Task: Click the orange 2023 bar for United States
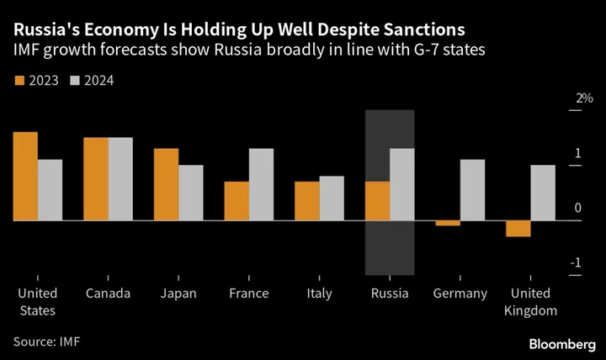click(x=25, y=176)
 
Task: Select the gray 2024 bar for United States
click(x=50, y=189)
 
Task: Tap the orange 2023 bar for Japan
click(x=167, y=184)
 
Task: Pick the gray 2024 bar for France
click(x=262, y=184)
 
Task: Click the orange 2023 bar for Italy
click(x=307, y=200)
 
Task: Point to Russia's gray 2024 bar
click(x=402, y=184)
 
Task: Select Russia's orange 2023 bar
click(x=378, y=200)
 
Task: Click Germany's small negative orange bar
click(x=449, y=223)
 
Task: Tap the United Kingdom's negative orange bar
click(x=518, y=228)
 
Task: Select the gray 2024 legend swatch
click(x=74, y=81)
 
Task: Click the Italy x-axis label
click(x=319, y=294)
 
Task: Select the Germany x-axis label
click(x=460, y=294)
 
